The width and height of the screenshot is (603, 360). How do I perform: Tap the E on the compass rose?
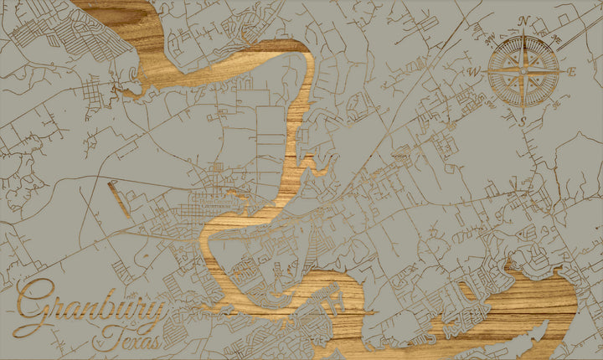(572, 71)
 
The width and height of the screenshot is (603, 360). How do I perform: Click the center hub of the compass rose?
(523, 71)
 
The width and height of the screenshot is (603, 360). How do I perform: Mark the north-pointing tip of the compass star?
(523, 32)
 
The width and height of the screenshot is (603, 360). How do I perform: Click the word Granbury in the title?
(88, 308)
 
